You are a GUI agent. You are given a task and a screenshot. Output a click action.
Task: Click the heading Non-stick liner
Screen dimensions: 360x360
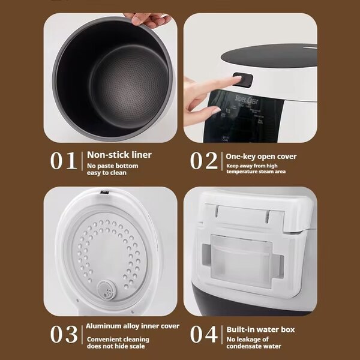tap(119, 155)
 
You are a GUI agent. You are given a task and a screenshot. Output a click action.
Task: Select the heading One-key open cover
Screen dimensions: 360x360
tap(261, 157)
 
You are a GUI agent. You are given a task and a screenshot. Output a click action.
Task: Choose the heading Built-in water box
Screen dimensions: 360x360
tap(260, 329)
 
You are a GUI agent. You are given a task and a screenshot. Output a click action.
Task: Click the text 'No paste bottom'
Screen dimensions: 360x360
tap(112, 166)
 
